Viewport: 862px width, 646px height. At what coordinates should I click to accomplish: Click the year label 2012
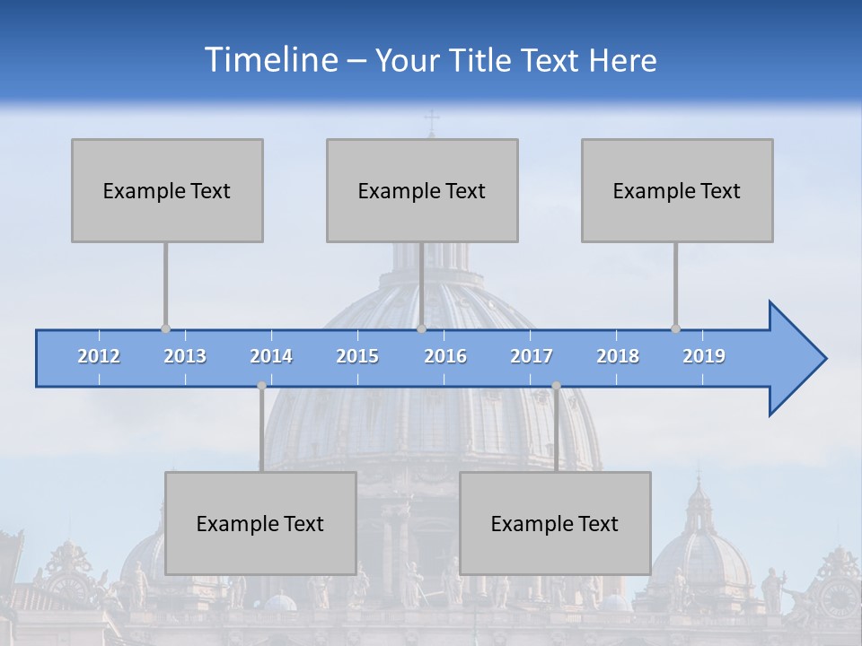coord(99,356)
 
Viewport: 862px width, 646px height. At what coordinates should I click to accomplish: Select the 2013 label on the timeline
coord(185,356)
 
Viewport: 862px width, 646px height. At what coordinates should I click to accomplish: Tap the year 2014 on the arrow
coord(271,356)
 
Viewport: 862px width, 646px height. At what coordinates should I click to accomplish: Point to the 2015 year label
coord(357,356)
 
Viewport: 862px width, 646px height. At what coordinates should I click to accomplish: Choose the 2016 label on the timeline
coord(445,356)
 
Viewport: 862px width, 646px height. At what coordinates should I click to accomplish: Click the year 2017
coord(532,356)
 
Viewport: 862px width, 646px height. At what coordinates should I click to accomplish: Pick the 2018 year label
coord(618,356)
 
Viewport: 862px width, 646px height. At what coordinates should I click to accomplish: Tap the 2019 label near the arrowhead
coord(704,356)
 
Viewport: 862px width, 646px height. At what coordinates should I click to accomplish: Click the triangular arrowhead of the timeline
coord(796,359)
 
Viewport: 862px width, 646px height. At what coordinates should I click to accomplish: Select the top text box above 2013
coord(167,190)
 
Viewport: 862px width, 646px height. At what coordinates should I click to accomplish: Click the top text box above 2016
coord(422,190)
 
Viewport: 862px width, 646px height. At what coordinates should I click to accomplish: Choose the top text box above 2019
coord(677,190)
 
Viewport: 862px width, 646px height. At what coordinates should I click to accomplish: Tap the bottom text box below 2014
coord(260,523)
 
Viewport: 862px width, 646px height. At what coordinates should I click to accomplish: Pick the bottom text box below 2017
coord(555,523)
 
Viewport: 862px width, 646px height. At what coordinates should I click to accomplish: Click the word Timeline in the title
coord(270,59)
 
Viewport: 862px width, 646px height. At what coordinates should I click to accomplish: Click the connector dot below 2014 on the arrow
coord(261,385)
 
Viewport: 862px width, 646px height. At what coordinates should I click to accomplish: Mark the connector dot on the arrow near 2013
coord(165,328)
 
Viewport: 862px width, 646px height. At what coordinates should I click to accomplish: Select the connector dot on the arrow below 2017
coord(556,385)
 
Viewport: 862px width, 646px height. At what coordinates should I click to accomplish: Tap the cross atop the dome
coord(431,120)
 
